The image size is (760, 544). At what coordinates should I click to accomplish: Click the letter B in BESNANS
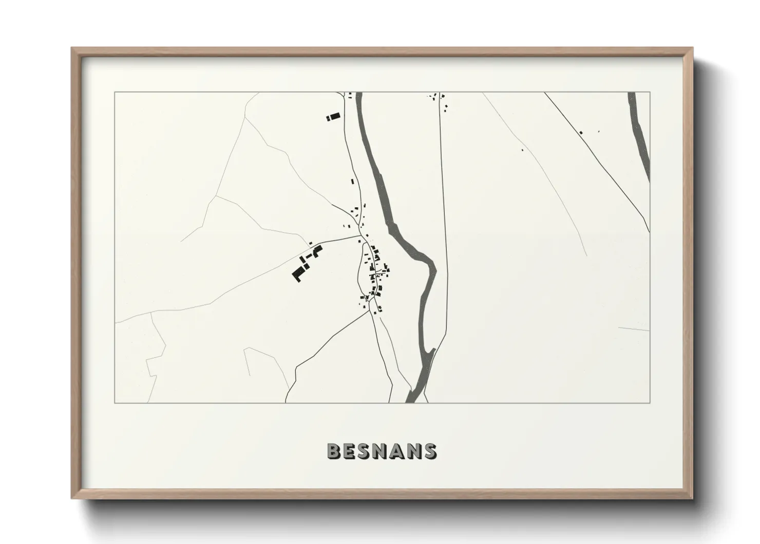[x=334, y=451]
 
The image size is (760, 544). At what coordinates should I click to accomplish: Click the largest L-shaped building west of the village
[x=298, y=272]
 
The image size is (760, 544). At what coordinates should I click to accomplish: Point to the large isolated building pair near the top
[x=333, y=117]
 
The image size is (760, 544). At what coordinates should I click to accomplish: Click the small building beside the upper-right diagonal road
[x=581, y=133]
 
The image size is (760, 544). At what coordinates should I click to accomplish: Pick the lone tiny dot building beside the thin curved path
[x=522, y=150]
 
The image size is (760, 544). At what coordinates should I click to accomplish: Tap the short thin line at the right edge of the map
[x=634, y=329]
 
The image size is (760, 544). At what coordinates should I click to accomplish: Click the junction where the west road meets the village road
[x=360, y=237]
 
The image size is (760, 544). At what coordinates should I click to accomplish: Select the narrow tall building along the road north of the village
[x=352, y=180]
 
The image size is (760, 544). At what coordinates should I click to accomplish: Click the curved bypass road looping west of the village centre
[x=359, y=273]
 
